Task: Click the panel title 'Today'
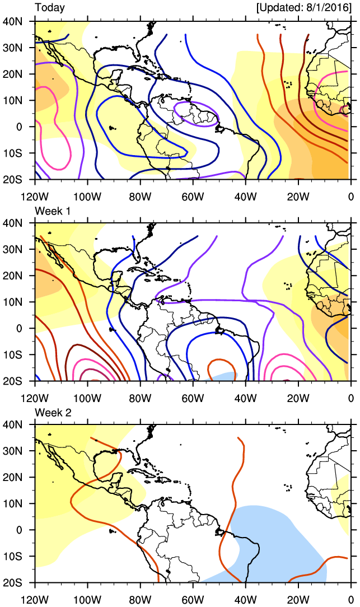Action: point(50,8)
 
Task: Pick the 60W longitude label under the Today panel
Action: point(192,197)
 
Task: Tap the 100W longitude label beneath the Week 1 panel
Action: point(87,398)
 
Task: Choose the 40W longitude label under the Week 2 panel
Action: point(245,600)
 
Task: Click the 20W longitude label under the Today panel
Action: point(297,197)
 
